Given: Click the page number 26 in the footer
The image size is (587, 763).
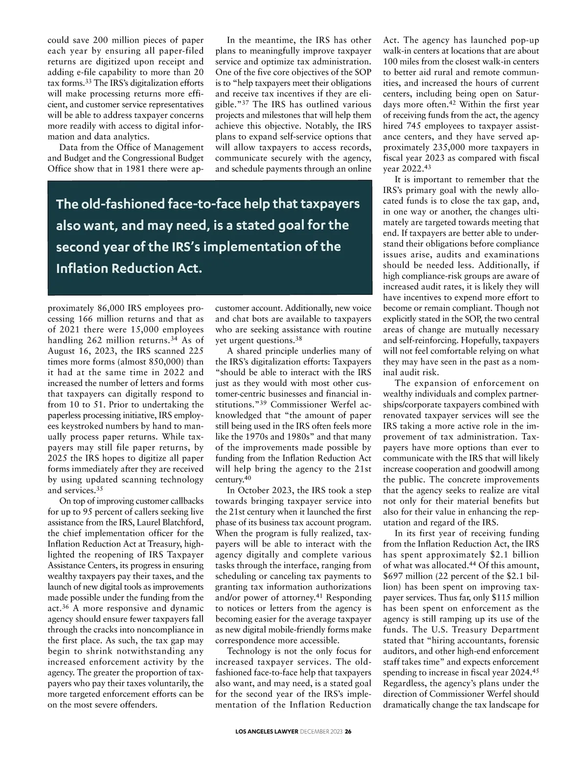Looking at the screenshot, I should pos(348,732).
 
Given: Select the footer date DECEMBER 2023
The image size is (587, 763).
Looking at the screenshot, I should pos(318,732).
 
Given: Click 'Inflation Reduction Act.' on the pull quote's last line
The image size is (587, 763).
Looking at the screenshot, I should pos(129,268).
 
